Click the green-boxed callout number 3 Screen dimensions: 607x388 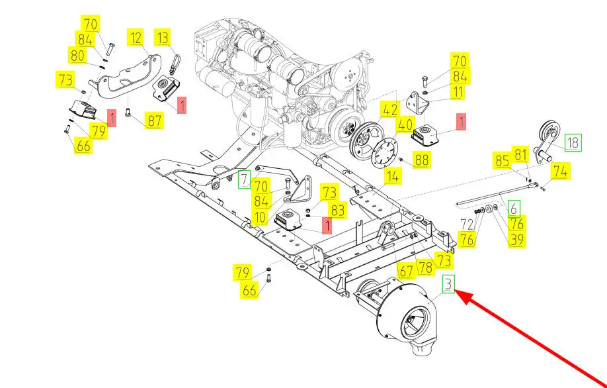(449, 284)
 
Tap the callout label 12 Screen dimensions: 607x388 (136, 38)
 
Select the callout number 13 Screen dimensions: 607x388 (163, 38)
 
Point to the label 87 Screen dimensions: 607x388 (154, 120)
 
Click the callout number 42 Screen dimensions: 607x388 (390, 110)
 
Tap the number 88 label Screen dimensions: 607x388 (422, 160)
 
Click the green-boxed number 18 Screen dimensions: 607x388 (573, 142)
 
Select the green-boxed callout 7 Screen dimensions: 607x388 (244, 180)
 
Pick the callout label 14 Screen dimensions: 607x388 (393, 176)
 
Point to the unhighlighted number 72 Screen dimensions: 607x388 (467, 224)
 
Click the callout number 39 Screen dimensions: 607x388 (517, 239)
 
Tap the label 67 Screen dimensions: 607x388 (406, 271)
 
